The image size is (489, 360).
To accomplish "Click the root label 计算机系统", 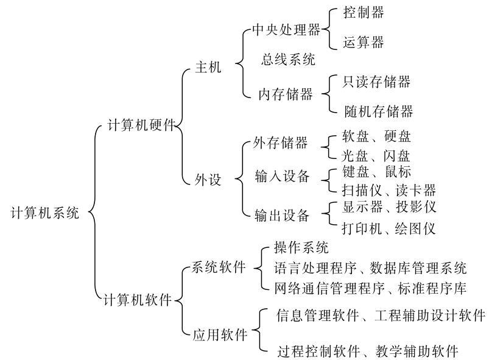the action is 45,213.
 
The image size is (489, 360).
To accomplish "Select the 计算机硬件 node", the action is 141,125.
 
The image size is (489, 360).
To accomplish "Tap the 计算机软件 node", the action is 138,300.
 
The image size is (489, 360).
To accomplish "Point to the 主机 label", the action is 208,67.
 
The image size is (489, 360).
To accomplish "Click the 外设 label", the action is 208,179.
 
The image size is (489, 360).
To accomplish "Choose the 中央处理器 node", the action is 286,30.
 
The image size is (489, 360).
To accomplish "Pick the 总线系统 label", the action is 288,59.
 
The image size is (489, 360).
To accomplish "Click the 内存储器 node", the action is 286,94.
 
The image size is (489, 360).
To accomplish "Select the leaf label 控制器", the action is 364,12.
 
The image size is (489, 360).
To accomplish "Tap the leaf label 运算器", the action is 364,42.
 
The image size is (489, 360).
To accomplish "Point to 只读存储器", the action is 376,82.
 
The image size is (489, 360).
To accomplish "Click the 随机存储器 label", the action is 379,111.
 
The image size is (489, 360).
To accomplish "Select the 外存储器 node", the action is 280,143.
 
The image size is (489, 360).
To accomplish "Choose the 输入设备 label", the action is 282,176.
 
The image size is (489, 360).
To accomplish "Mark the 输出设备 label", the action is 282,216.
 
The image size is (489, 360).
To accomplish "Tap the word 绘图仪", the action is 415,228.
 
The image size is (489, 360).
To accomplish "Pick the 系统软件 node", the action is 218,267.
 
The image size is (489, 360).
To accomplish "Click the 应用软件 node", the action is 220,335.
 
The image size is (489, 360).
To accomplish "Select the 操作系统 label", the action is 301,247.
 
